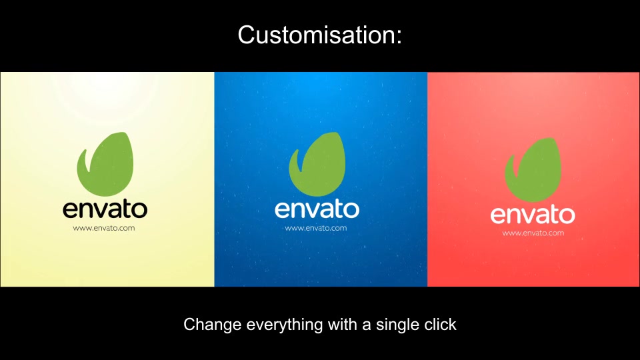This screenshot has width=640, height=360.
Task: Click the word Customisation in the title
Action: [x=316, y=35]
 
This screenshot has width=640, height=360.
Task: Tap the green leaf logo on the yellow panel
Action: [x=106, y=164]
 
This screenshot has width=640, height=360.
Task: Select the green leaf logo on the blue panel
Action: [x=317, y=164]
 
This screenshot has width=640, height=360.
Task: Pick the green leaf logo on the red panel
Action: [x=533, y=170]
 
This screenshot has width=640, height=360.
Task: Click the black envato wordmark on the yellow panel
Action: [x=105, y=209]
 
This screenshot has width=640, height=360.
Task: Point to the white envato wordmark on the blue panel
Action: [x=317, y=209]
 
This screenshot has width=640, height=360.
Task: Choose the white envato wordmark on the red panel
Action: [x=533, y=215]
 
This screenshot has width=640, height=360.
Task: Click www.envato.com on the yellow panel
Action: [x=104, y=228]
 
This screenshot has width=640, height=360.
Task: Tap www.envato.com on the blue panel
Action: [x=316, y=228]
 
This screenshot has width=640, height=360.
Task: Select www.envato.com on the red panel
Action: [x=533, y=233]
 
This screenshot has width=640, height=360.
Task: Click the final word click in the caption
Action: [x=441, y=325]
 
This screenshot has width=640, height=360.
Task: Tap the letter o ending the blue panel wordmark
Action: [x=351, y=211]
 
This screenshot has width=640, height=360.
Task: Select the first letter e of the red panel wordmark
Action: [x=498, y=216]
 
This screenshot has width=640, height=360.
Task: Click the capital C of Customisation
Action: [x=247, y=35]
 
